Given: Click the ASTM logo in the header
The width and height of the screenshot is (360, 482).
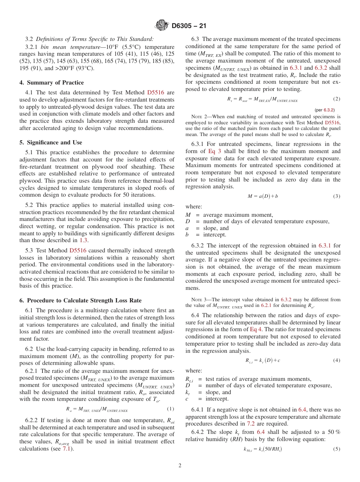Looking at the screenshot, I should tap(162, 26).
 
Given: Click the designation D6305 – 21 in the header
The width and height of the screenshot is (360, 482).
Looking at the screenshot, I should tap(189, 26).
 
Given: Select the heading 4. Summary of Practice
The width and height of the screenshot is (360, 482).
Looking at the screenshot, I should tap(52, 83).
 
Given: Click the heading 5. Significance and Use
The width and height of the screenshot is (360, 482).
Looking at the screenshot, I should tap(51, 142).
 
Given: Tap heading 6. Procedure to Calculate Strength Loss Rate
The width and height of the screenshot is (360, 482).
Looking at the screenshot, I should tap(80, 300).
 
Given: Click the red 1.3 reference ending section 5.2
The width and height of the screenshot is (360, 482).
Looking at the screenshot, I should tap(83, 240).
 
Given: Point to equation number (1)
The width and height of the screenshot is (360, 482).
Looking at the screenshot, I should tap(171, 409).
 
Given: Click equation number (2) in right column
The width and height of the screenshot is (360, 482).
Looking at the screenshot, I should tap(337, 99).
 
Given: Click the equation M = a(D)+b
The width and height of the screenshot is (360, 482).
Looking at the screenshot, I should tap(263, 196).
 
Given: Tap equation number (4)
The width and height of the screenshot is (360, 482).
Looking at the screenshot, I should tap(337, 360).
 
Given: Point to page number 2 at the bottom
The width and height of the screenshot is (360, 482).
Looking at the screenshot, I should tap(180, 466).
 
